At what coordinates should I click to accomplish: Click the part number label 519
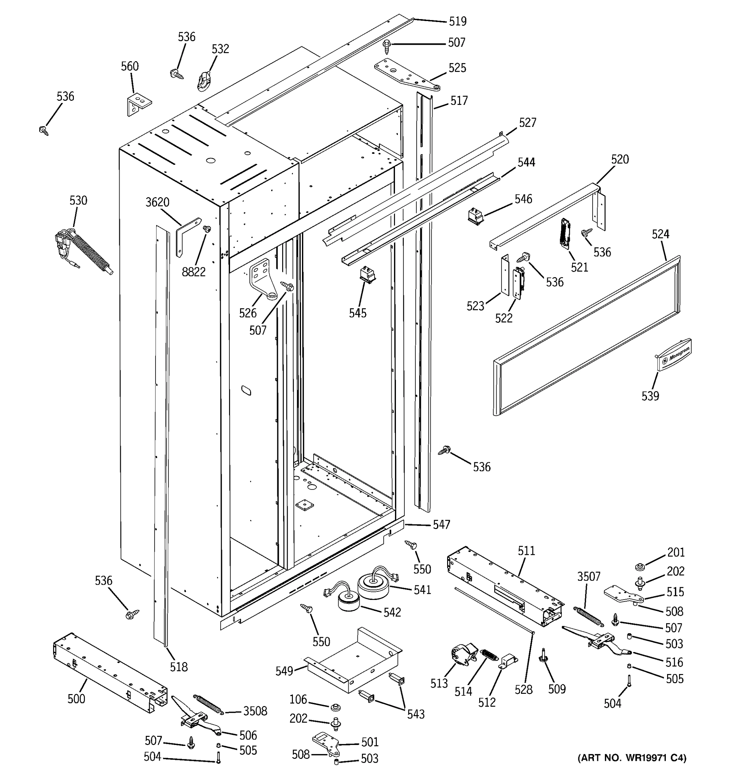tap(457, 21)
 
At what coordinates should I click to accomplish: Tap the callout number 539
tap(650, 396)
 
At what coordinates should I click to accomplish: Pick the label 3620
tap(157, 202)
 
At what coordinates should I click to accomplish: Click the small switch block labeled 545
tap(367, 273)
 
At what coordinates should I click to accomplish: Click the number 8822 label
tap(194, 272)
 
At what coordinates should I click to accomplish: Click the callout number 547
tap(441, 524)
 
